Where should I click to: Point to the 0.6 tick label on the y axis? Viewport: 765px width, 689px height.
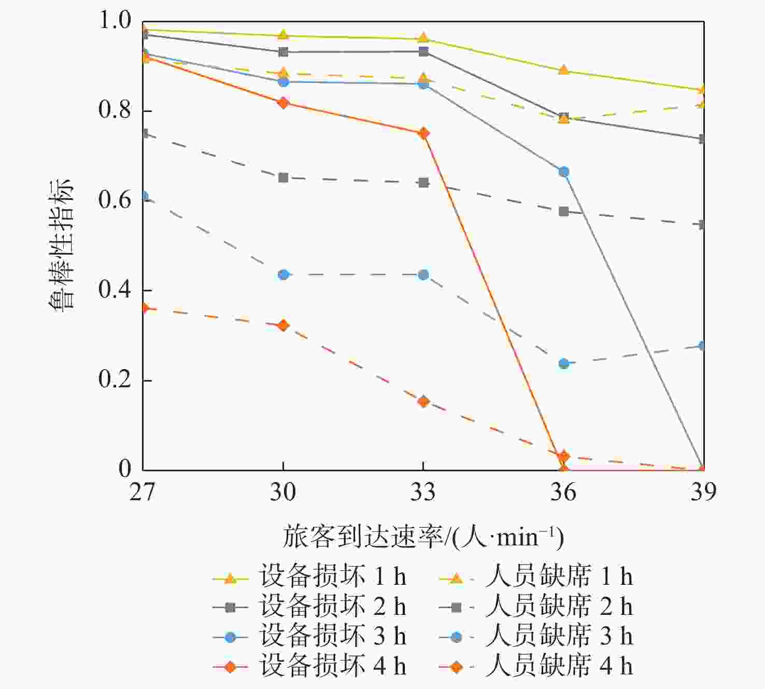point(115,201)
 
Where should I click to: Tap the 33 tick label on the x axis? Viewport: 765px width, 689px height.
point(423,491)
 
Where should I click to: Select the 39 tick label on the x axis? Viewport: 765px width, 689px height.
point(703,491)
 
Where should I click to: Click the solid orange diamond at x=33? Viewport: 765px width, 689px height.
point(423,133)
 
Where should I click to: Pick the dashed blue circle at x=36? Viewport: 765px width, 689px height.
point(564,363)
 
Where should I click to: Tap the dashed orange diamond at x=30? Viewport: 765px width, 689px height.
point(283,326)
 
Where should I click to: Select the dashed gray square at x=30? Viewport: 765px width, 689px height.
point(283,178)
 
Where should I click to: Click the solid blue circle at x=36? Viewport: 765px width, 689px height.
point(564,172)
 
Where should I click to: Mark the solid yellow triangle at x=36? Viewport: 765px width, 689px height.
point(564,71)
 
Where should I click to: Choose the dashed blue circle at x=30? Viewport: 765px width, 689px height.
point(283,274)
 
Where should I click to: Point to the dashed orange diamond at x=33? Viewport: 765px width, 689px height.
point(423,401)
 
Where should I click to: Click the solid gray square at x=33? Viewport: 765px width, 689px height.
point(423,52)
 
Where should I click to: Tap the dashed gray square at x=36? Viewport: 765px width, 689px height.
point(564,212)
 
